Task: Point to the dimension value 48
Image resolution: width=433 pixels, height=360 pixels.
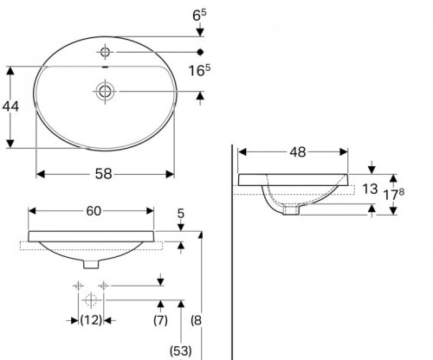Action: click(x=297, y=152)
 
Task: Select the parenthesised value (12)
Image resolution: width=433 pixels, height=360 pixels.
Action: click(x=90, y=320)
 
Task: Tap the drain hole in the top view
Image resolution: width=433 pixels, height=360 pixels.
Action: click(x=106, y=89)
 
